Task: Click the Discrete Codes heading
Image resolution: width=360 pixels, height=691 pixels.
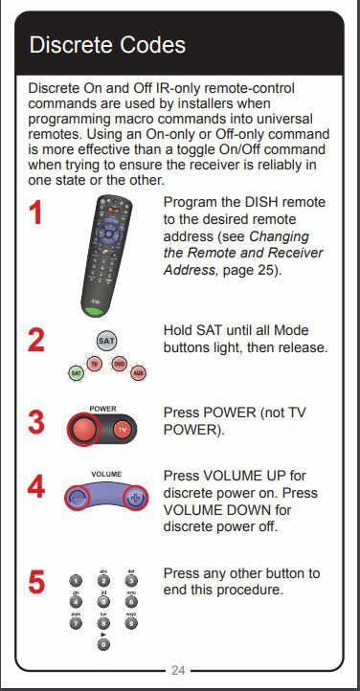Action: click(x=107, y=45)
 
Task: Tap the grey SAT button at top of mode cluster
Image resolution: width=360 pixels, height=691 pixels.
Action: click(x=106, y=340)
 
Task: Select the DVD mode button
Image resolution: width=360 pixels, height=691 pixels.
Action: click(x=119, y=364)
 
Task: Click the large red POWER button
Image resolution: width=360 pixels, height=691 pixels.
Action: click(x=81, y=430)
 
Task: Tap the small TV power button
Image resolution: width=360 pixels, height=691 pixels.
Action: click(x=122, y=430)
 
